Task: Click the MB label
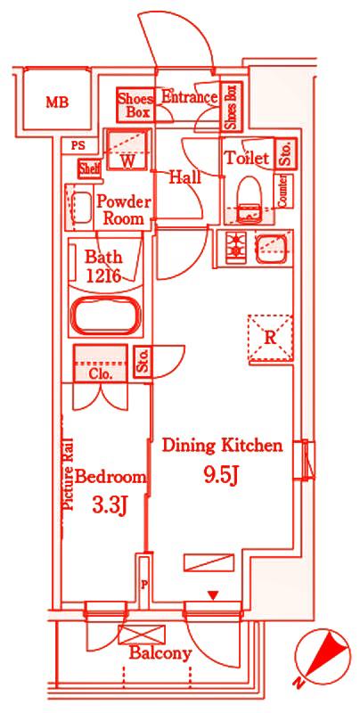tap(57, 102)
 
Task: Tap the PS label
tap(78, 146)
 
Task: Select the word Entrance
tap(189, 97)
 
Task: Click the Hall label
tap(184, 176)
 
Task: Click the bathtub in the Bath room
tap(105, 316)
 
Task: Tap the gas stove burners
tap(236, 247)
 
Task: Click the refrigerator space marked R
tap(270, 338)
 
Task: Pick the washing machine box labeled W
tap(127, 149)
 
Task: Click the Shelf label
tap(89, 168)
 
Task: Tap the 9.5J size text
tap(221, 476)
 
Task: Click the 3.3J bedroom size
tap(109, 505)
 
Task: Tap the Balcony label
tap(160, 654)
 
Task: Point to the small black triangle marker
tap(213, 594)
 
